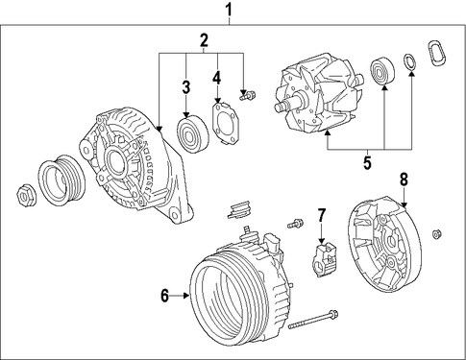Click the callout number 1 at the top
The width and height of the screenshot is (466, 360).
coord(229,10)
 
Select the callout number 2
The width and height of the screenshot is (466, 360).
coord(204,40)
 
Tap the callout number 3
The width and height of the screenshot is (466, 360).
coord(186,87)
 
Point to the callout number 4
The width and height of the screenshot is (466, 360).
coord(217,78)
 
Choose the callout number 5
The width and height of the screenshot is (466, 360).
coord(367,162)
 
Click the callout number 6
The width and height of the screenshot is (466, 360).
coord(164,296)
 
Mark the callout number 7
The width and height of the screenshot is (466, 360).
coord(322,215)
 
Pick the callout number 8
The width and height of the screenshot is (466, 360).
coord(404,180)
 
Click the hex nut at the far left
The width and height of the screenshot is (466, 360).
coord(26,195)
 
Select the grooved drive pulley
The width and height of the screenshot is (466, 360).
coord(61,180)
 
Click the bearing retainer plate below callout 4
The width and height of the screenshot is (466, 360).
coord(227,124)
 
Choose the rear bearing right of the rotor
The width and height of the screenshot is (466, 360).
coord(382,72)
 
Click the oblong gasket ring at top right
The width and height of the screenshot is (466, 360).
coord(436,53)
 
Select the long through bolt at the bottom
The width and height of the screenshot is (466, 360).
coord(313,319)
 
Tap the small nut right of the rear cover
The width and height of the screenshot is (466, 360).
coord(436,234)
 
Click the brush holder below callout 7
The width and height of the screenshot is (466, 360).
coord(325,259)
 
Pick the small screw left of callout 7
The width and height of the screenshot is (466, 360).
coord(295,223)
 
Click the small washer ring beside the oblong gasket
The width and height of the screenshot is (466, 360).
coord(409,62)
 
